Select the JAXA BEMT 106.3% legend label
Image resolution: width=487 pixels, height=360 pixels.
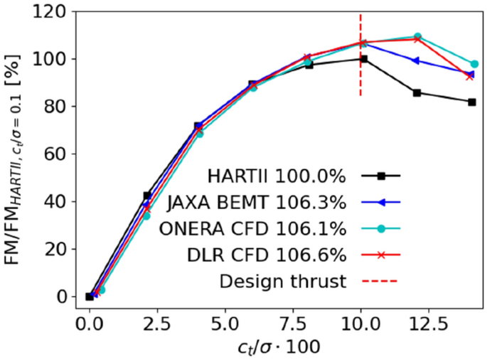pos(257,202)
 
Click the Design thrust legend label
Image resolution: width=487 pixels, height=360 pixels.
pos(283,281)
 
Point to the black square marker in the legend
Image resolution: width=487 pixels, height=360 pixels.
pos(381,176)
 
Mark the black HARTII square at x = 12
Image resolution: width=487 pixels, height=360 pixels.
pos(417,92)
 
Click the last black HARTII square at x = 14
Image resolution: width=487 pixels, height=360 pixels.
pos(471,102)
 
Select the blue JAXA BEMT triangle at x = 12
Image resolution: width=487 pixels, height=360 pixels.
pos(417,60)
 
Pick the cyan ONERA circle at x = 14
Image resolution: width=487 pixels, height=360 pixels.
pos(474,64)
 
